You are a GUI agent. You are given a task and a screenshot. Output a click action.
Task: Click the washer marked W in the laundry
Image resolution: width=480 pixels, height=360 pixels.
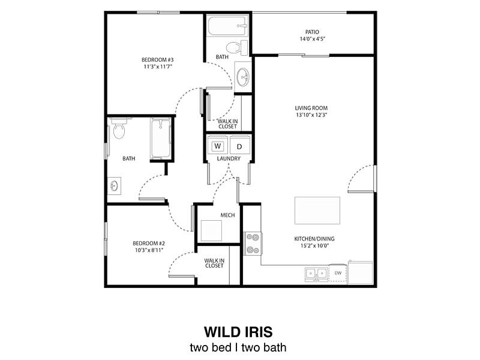coord(217,146)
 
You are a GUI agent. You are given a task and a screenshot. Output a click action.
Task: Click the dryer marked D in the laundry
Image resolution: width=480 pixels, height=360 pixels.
coord(239,146)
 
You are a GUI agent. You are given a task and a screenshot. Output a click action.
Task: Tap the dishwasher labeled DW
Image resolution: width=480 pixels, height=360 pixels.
coord(338,273)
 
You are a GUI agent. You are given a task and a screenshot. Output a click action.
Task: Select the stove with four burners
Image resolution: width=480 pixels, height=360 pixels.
coord(253,243)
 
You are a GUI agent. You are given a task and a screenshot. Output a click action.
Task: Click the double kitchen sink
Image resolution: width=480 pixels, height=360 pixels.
coord(316,274)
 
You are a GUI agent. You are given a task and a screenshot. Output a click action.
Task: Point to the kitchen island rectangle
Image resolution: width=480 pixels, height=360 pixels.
coord(317,211)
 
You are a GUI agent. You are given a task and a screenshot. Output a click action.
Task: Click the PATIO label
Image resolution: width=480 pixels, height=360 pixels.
coord(312,32)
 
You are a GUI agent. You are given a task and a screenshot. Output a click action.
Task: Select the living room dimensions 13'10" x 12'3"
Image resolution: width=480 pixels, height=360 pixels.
coord(311,115)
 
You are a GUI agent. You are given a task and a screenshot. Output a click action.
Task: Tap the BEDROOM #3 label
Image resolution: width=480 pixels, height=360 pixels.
coord(158,59)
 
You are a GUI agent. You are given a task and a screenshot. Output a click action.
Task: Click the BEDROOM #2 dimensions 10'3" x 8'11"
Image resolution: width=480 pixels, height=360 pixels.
coord(149,250)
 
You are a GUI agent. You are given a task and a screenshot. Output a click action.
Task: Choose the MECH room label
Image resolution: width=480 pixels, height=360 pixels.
coord(227,215)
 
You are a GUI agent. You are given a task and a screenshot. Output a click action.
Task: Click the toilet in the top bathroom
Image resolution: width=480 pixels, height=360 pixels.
coord(233,46)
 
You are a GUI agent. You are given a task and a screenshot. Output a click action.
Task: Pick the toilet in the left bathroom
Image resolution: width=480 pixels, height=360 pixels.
coord(119,129)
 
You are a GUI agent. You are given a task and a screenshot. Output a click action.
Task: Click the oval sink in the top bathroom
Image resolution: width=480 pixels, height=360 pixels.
coord(244,77)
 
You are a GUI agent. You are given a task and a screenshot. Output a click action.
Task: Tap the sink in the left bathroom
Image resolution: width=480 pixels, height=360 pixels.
coord(114,186)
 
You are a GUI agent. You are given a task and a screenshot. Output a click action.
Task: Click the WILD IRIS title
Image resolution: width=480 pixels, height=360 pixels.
coord(239,332)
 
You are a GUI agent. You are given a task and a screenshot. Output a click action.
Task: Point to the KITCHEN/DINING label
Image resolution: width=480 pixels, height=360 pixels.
coord(314,238)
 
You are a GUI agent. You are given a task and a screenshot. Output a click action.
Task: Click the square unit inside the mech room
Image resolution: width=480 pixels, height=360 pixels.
coord(212,231)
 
